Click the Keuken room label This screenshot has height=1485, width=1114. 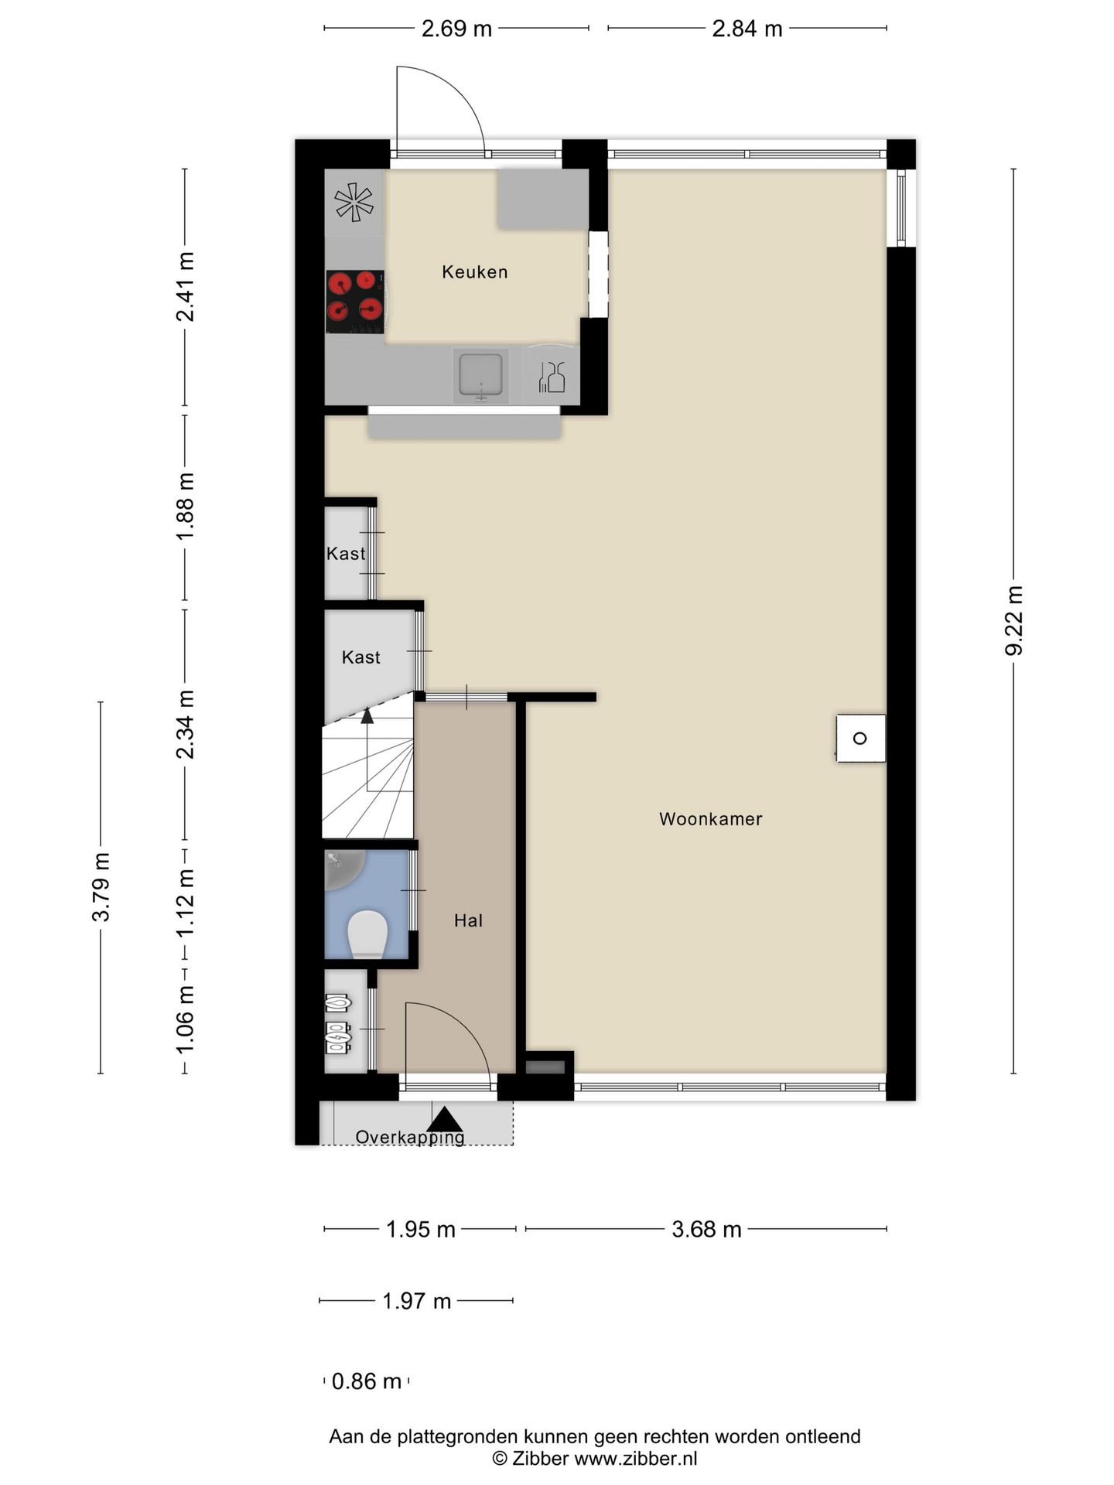click(x=474, y=271)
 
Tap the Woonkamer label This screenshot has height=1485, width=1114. click(x=710, y=819)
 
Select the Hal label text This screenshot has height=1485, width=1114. click(x=468, y=920)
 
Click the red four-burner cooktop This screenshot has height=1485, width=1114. click(x=355, y=302)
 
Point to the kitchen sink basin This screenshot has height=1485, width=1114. click(x=480, y=374)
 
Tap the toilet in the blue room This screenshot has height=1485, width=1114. click(x=367, y=935)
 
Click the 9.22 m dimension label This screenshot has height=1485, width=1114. click(x=1013, y=620)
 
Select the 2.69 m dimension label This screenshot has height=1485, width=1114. click(x=456, y=29)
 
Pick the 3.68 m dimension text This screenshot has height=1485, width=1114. click(x=706, y=1229)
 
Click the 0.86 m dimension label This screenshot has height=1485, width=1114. click(x=367, y=1381)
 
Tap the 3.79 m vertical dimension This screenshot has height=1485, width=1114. click(x=101, y=887)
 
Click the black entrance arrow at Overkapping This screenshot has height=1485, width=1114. click(x=445, y=1120)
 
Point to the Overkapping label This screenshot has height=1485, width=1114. click(x=410, y=1138)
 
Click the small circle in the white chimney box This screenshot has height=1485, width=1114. click(x=859, y=739)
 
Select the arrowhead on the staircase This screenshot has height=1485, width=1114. click(x=367, y=715)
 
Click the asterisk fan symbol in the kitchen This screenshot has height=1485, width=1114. click(x=354, y=202)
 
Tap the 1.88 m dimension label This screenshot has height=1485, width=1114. click(x=186, y=507)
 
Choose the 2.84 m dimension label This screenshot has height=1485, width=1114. click(x=747, y=29)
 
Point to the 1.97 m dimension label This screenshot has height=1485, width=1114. click(x=416, y=1301)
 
